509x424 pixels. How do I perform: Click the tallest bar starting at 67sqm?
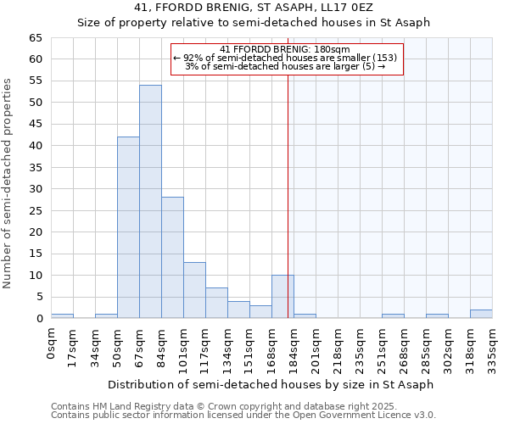[150, 202]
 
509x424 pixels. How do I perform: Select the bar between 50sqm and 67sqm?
[128, 227]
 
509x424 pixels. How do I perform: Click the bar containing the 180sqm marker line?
[282, 297]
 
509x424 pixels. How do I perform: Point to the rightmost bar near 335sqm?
[481, 314]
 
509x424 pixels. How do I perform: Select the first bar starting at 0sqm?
[62, 316]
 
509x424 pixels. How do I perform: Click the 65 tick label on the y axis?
[35, 38]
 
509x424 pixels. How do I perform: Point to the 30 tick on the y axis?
[35, 189]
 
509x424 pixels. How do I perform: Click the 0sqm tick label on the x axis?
[51, 343]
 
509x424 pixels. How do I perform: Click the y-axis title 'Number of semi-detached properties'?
[8, 183]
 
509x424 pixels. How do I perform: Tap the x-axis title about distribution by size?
[271, 384]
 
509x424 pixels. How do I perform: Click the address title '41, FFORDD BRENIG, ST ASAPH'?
[254, 8]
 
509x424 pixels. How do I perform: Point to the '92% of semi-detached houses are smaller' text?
[286, 58]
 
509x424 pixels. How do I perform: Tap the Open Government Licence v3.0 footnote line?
[243, 416]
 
